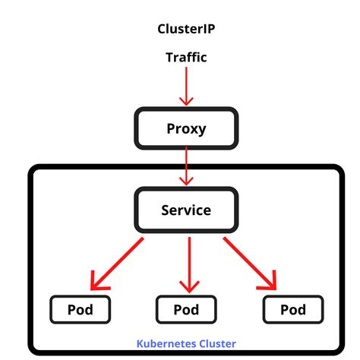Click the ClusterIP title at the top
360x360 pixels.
coord(186,30)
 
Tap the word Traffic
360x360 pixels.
coord(186,57)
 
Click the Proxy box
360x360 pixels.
coord(186,128)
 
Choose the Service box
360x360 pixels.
coord(186,210)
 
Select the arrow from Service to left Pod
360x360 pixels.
coord(118,262)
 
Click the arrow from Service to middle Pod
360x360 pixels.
coord(186,262)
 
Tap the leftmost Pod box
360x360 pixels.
coord(81,309)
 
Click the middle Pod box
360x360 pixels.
coord(186,309)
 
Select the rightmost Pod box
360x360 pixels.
coord(292,309)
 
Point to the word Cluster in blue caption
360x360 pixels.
coord(216,343)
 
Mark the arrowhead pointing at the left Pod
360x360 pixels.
coord(96,283)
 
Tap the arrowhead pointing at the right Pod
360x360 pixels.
coord(270,283)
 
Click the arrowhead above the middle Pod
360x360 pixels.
coord(186,286)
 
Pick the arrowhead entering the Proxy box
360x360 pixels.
coord(186,100)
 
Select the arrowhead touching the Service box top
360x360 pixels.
coord(186,181)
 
